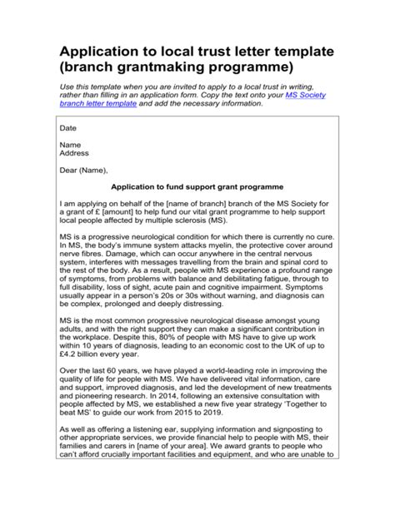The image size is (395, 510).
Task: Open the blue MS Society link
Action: (305, 97)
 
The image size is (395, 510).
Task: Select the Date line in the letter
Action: (67, 129)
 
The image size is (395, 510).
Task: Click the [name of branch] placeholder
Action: (201, 203)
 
